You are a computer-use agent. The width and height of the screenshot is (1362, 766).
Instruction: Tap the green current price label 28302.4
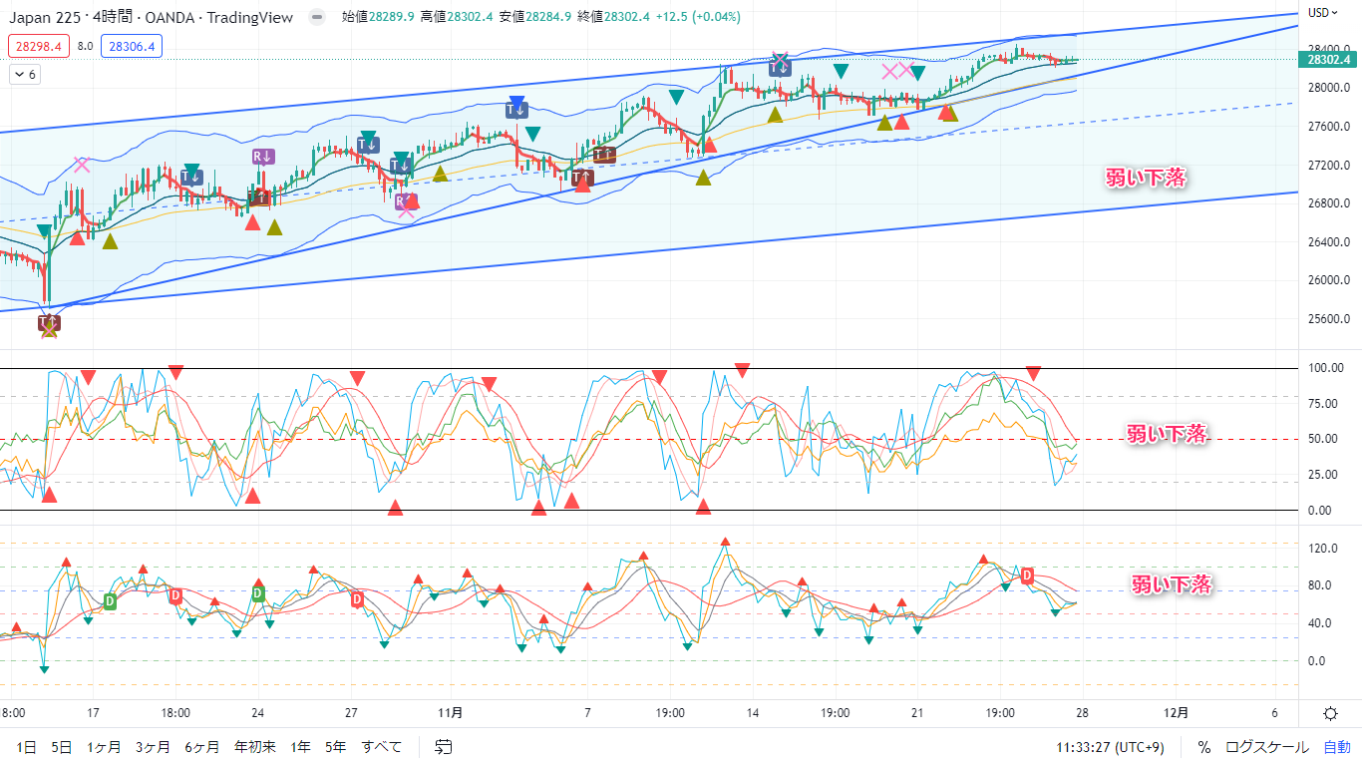1329,59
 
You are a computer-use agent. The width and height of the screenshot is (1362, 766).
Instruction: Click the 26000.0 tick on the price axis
1327,280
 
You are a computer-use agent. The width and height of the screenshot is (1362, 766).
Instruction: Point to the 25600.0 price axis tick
1327,319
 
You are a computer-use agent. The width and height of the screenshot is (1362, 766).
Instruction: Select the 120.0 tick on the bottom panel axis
1322,548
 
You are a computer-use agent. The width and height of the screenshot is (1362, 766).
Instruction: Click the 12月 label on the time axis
1177,712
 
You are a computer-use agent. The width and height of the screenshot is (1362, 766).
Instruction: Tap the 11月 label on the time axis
450,712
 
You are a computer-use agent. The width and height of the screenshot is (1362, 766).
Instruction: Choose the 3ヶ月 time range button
153,746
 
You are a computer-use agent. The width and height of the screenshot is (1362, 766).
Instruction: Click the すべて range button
382,746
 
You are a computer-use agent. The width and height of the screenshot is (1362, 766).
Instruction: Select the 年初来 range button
254,746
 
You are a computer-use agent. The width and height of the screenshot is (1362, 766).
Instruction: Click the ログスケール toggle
1266,746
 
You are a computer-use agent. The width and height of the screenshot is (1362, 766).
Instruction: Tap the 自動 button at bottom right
1336,746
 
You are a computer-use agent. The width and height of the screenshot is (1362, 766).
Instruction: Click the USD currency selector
1322,13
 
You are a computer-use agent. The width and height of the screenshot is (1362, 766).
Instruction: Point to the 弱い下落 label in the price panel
1146,178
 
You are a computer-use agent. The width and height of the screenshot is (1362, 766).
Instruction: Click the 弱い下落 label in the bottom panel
1171,584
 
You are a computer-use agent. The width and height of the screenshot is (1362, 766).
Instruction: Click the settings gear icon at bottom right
1330,712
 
